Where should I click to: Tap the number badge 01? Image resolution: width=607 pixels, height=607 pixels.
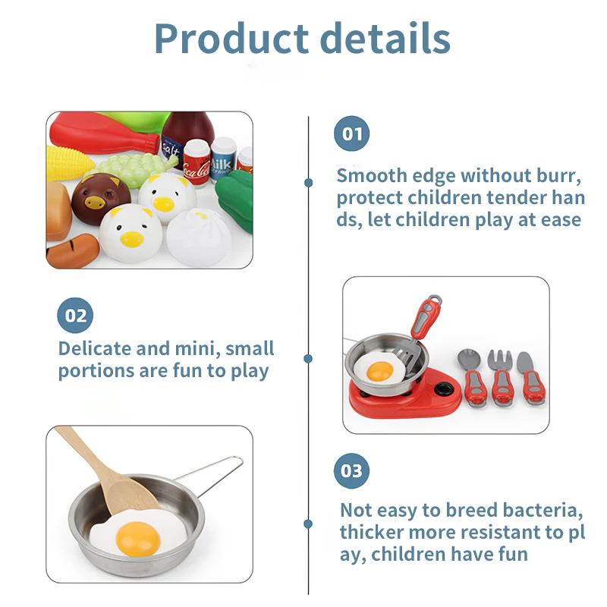click(x=351, y=134)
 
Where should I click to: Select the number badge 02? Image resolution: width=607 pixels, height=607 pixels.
click(x=75, y=315)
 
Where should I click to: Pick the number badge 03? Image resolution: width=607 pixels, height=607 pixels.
click(x=351, y=471)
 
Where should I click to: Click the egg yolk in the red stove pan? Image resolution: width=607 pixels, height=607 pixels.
click(x=379, y=371)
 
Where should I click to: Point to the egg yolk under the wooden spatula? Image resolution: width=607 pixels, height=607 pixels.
click(x=137, y=538)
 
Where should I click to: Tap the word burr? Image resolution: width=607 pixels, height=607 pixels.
click(x=557, y=176)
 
